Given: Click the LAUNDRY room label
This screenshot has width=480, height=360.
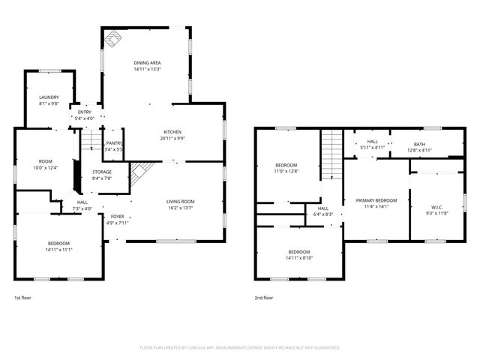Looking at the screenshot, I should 49,97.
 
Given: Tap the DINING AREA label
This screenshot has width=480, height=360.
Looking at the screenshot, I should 148,63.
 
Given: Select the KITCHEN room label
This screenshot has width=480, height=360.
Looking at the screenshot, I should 172,132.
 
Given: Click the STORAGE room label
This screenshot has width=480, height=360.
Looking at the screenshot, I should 102,172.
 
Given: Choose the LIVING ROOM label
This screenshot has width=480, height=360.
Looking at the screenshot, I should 180,201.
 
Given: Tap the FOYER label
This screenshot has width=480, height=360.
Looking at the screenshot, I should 118,216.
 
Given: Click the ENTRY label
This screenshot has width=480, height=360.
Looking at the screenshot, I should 84,112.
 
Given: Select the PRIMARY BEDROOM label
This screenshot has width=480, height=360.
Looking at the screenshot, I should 376,200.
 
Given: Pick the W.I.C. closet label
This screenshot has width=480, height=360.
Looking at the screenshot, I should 438,207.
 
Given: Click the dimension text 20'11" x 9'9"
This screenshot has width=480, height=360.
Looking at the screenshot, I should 172,139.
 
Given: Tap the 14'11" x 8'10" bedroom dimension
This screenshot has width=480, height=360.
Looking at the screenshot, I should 298,258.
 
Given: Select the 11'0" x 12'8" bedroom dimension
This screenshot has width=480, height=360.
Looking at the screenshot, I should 286,172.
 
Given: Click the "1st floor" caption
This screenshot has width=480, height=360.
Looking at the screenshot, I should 23,298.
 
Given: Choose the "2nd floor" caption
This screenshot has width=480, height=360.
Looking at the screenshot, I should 264,298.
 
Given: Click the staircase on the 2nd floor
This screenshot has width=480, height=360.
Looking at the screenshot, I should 331,154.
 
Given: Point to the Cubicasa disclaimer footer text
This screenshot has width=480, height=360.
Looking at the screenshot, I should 240,347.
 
